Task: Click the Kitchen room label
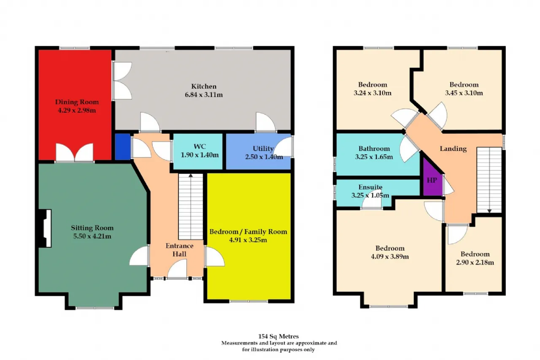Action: pos(204,87)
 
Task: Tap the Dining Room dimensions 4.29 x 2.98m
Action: pos(77,111)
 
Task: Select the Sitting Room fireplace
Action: pos(45,228)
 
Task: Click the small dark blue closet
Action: pos(123,147)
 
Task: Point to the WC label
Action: pos(200,146)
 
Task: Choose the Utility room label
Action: pos(263,149)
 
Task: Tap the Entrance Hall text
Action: pos(179,250)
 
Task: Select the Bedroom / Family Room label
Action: pos(248,232)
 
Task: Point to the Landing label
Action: pos(453,149)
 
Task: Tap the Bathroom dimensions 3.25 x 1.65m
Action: pos(374,157)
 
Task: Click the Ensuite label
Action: pos(370,187)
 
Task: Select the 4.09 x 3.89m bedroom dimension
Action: pos(390,256)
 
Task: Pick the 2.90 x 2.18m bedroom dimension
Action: pos(475,262)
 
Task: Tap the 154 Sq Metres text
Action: pos(278,336)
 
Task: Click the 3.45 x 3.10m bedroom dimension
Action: pos(464,93)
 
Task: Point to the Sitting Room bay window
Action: pos(94,308)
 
